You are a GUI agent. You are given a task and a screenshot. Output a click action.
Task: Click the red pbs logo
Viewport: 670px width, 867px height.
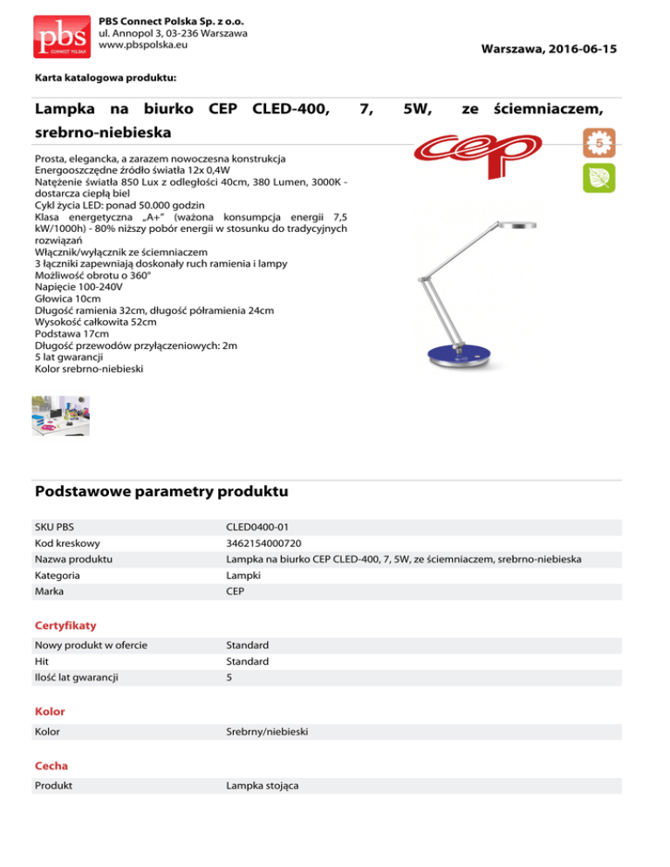[x=62, y=34]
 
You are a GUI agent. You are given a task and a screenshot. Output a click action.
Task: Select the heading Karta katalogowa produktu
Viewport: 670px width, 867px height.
[x=106, y=79]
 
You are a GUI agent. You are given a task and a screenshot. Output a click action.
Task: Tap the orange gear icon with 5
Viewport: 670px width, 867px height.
[x=599, y=140]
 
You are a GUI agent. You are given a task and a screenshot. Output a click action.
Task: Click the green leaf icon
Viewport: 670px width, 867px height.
[x=599, y=178]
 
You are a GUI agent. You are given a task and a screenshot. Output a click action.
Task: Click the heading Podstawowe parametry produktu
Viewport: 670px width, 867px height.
[x=161, y=492]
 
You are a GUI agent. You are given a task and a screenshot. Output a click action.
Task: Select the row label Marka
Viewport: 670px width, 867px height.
[x=50, y=592]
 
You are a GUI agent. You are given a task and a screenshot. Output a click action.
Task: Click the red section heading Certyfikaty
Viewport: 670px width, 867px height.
[x=65, y=625]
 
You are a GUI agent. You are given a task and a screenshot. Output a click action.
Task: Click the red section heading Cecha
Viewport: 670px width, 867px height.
[x=52, y=766]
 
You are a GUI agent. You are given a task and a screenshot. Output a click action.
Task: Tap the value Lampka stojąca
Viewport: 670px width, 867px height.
[x=263, y=786]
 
